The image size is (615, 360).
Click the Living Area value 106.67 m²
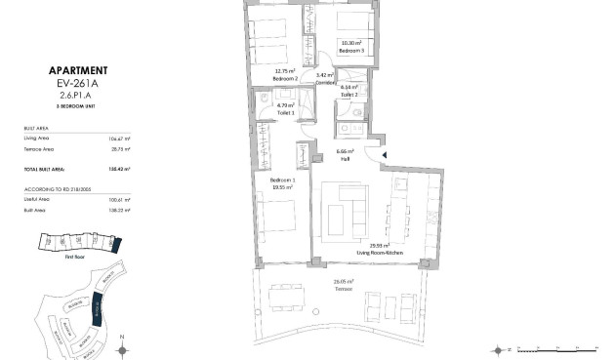pyautogui.click(x=121, y=140)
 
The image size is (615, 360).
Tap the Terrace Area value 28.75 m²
pyautogui.click(x=122, y=149)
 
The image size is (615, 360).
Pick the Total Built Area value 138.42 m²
pyautogui.click(x=120, y=168)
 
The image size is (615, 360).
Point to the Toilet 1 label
pyautogui.click(x=285, y=113)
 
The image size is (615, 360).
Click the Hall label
pyautogui.click(x=346, y=158)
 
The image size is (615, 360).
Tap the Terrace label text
pyautogui.click(x=344, y=287)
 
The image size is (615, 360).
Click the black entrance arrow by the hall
pyautogui.click(x=385, y=154)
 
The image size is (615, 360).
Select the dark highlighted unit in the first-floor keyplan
pyautogui.click(x=116, y=244)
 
